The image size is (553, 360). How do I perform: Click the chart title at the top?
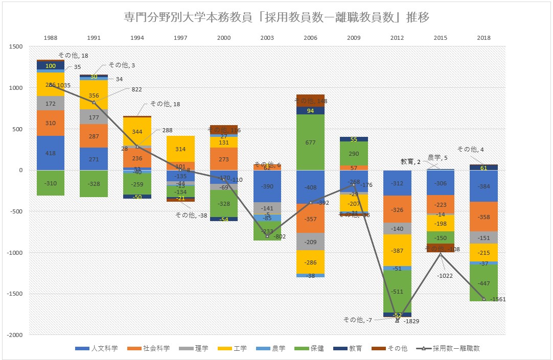pos(276,17)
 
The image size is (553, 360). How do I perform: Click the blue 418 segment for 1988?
pos(50,153)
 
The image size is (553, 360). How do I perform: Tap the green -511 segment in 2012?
pos(397,291)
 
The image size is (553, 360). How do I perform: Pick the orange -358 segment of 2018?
pos(483,217)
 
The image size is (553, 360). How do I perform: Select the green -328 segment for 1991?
pos(94,183)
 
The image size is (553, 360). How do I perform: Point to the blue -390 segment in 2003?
pos(267,186)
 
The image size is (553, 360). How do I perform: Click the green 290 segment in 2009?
pos(354,153)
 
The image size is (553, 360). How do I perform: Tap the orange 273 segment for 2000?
pos(223,159)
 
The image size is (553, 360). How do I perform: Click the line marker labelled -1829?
pos(397,320)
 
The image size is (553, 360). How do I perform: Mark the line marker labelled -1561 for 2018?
pos(483,299)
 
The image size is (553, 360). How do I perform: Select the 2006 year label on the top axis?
pos(310,38)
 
